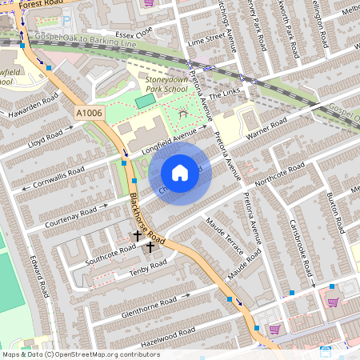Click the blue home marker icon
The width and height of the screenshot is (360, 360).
[180, 173]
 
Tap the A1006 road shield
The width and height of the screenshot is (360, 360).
[90, 114]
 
